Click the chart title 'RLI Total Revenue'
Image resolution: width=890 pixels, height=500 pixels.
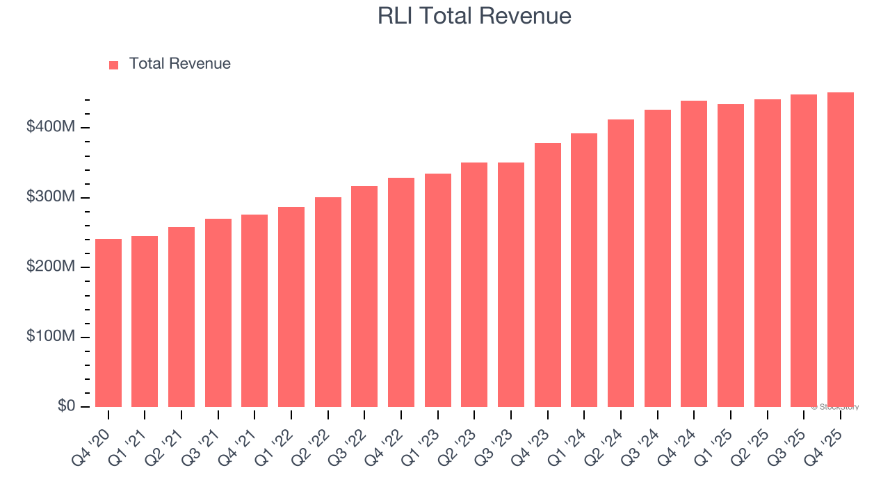tap(474, 16)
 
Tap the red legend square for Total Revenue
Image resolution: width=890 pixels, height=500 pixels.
tap(114, 65)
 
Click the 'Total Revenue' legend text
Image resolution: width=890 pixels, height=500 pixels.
tap(179, 64)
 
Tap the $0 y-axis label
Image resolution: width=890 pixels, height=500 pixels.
tap(67, 406)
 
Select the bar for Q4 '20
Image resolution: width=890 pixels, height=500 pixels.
tap(108, 323)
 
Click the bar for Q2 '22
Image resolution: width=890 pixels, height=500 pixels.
tap(328, 302)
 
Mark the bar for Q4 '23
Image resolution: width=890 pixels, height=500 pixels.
tap(548, 275)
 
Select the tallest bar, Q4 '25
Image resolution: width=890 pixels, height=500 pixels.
tap(841, 250)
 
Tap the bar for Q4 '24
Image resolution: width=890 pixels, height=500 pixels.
tap(694, 254)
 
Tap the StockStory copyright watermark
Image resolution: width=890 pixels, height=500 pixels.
tap(834, 407)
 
